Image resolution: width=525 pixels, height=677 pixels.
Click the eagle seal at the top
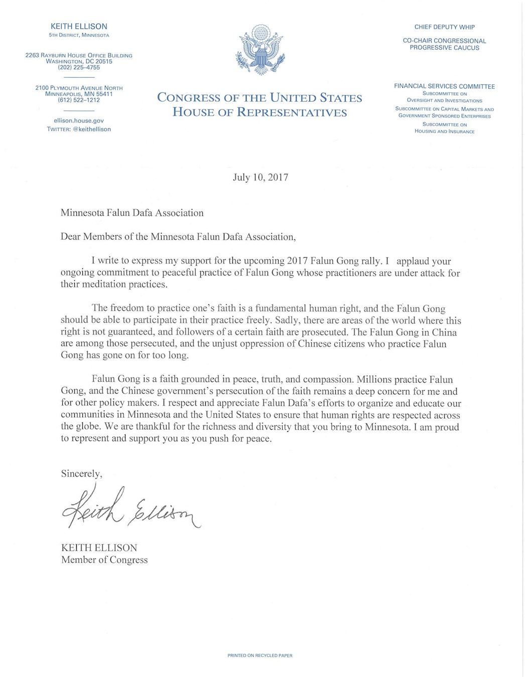click(x=260, y=50)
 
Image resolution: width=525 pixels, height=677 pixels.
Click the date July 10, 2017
click(x=260, y=177)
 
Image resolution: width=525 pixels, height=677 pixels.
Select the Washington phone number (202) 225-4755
click(x=79, y=68)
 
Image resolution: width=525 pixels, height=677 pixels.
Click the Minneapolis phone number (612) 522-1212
click(x=79, y=100)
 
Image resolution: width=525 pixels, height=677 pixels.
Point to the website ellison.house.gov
click(x=79, y=121)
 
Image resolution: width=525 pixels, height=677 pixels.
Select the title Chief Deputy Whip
click(x=444, y=27)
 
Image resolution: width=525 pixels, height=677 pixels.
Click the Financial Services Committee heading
click(x=444, y=86)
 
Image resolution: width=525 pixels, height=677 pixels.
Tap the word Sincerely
click(x=81, y=473)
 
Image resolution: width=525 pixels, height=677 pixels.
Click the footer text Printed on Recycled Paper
click(x=259, y=655)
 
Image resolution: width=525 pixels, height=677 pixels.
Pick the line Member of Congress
click(x=104, y=560)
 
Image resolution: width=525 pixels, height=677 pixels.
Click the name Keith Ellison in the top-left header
click(x=79, y=26)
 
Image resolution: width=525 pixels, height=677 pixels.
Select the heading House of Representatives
click(x=259, y=112)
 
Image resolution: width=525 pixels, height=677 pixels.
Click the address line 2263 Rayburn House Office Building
click(x=79, y=55)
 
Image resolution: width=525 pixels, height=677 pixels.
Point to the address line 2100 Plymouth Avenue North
click(x=79, y=88)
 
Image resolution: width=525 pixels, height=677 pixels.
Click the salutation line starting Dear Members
click(x=178, y=237)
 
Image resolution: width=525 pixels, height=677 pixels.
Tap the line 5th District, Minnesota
click(x=79, y=36)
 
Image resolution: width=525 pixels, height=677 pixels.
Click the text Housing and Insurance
click(x=444, y=131)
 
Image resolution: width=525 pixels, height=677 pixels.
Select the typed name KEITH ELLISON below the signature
click(x=99, y=548)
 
